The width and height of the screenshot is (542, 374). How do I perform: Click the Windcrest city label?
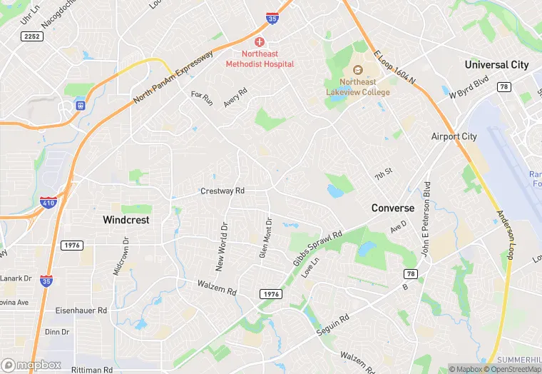(x=126, y=220)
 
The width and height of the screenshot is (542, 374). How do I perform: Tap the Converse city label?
(x=392, y=208)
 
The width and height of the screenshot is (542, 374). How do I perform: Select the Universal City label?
(x=496, y=64)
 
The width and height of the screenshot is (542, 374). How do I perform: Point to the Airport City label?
(x=454, y=136)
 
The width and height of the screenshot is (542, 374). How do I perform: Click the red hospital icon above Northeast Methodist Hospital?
(x=260, y=42)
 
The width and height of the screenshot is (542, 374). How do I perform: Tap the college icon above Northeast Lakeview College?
(x=358, y=70)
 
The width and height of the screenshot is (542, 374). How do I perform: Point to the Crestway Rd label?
(x=223, y=191)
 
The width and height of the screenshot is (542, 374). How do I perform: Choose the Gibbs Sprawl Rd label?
(x=317, y=248)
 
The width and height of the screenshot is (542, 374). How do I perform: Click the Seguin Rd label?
(x=334, y=327)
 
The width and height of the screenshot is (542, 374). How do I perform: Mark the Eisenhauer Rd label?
(x=82, y=311)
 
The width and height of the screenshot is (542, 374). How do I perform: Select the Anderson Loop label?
(x=504, y=235)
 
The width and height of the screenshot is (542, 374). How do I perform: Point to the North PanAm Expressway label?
(x=173, y=79)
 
